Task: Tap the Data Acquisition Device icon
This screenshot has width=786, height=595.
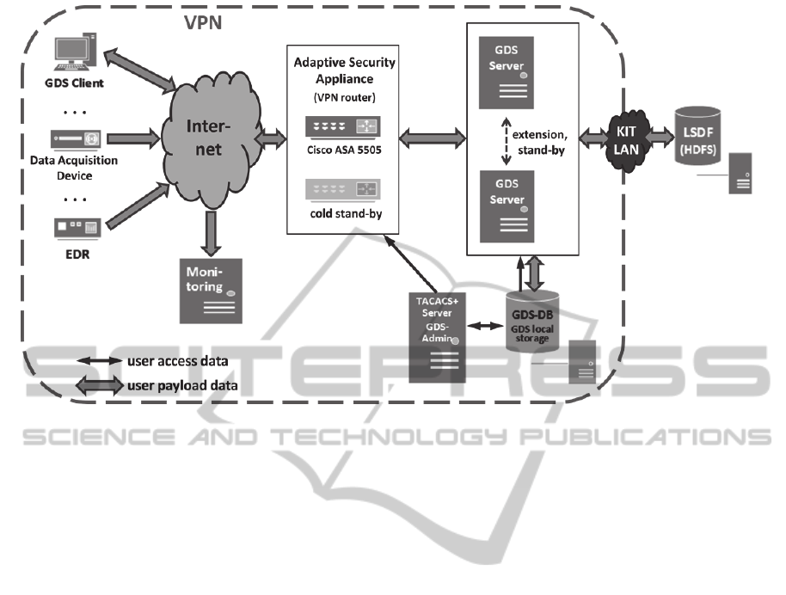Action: pyautogui.click(x=77, y=138)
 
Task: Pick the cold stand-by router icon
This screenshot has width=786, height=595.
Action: pyautogui.click(x=343, y=188)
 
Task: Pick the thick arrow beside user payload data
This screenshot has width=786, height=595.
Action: pyautogui.click(x=98, y=385)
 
